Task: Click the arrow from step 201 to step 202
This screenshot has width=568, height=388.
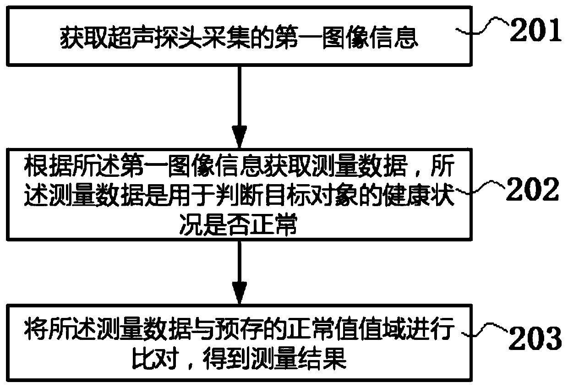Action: (239, 105)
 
